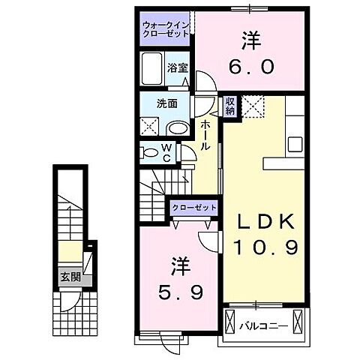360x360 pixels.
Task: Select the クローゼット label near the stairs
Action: pyautogui.click(x=194, y=207)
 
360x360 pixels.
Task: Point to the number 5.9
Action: pyautogui.click(x=176, y=289)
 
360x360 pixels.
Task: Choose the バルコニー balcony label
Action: pyautogui.click(x=261, y=325)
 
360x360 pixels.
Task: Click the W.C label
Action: pyautogui.click(x=166, y=152)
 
